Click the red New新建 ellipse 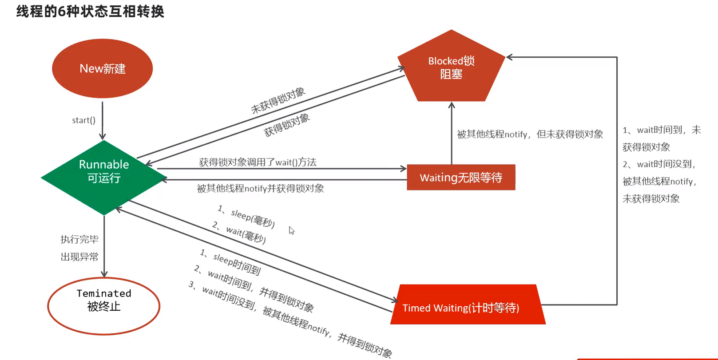coord(102,68)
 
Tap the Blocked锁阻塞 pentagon coord(451,68)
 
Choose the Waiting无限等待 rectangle coord(461,178)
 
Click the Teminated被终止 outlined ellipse coord(103,305)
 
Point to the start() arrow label coord(83,120)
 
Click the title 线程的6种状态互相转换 coord(90,11)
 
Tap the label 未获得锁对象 coord(278,100)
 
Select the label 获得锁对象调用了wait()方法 coord(258,162)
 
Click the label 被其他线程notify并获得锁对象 coord(260,189)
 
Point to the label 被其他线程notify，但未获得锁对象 coord(530,134)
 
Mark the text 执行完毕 coord(79,240)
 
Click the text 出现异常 coord(79,257)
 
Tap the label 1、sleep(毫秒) coord(246,216)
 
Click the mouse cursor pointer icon coord(291,230)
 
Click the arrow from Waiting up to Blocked coord(452,133)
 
